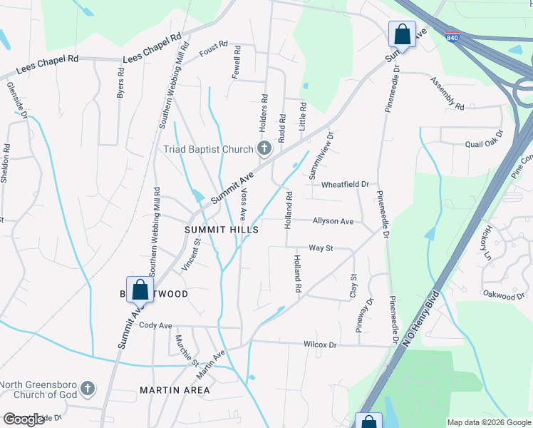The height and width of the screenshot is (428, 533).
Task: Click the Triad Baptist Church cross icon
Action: tap(264, 149)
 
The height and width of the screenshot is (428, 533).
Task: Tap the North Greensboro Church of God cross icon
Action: tap(87, 388)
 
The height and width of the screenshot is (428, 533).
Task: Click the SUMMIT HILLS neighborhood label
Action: tap(221, 230)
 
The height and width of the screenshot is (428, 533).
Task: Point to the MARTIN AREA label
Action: tap(175, 390)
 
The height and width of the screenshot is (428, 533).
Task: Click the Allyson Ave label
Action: tap(333, 222)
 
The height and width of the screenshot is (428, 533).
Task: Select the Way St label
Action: tap(321, 248)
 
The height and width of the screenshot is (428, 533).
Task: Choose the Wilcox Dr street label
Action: tap(319, 345)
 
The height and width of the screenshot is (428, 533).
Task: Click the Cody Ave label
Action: tap(156, 325)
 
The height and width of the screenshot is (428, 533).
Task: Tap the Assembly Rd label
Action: tap(447, 93)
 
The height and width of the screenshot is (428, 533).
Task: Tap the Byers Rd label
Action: tap(120, 83)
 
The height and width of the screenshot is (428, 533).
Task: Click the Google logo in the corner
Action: tap(24, 419)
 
